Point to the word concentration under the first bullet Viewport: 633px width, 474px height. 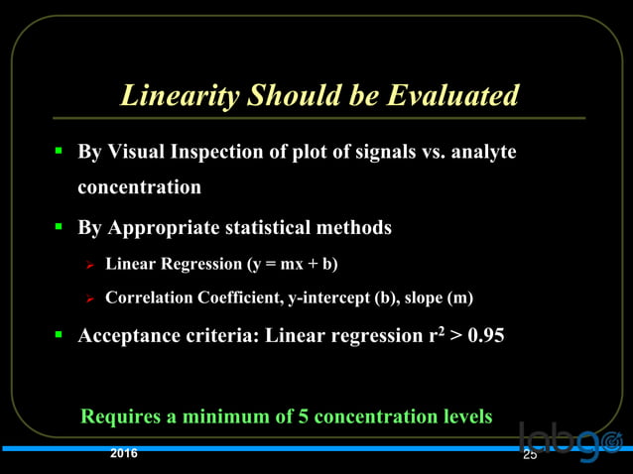(x=139, y=186)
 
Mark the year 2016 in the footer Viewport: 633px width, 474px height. (x=124, y=454)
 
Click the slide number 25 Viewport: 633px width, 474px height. (x=529, y=455)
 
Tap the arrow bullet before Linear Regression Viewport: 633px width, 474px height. (x=89, y=265)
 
